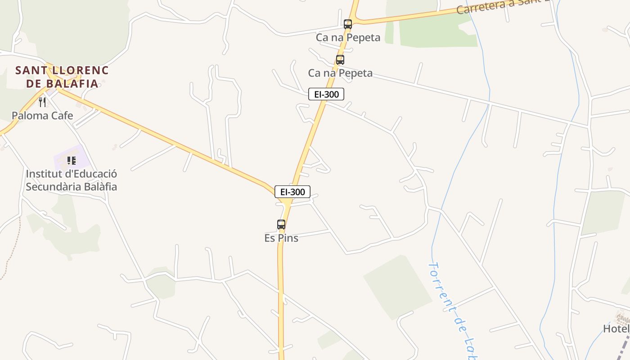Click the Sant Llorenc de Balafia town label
click(x=62, y=76)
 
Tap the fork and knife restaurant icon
click(x=42, y=102)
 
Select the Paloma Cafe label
click(x=42, y=116)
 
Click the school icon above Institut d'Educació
click(x=71, y=160)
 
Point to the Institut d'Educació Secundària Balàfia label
click(x=71, y=180)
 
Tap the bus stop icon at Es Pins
click(x=281, y=224)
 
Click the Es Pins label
click(x=281, y=238)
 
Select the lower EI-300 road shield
click(x=292, y=192)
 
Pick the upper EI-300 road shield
click(x=326, y=94)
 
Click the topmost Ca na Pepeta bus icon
click(x=347, y=24)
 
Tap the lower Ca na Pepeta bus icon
click(x=340, y=60)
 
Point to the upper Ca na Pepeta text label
click(x=348, y=37)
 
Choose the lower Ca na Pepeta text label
click(x=340, y=73)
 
